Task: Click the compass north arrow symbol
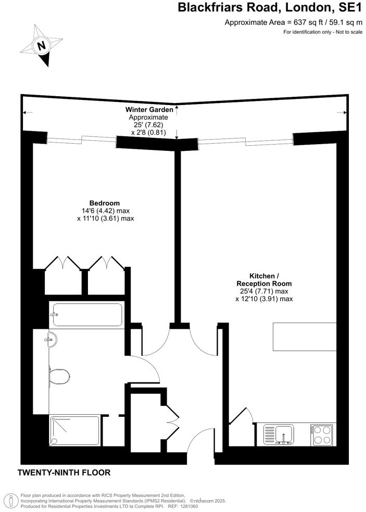[41, 46]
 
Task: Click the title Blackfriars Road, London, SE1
[270, 8]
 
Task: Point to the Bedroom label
[105, 203]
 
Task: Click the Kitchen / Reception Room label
[264, 280]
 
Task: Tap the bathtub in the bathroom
[87, 315]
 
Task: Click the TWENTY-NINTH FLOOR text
[64, 473]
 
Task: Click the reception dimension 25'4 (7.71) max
[264, 291]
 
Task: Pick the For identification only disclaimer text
[322, 32]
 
